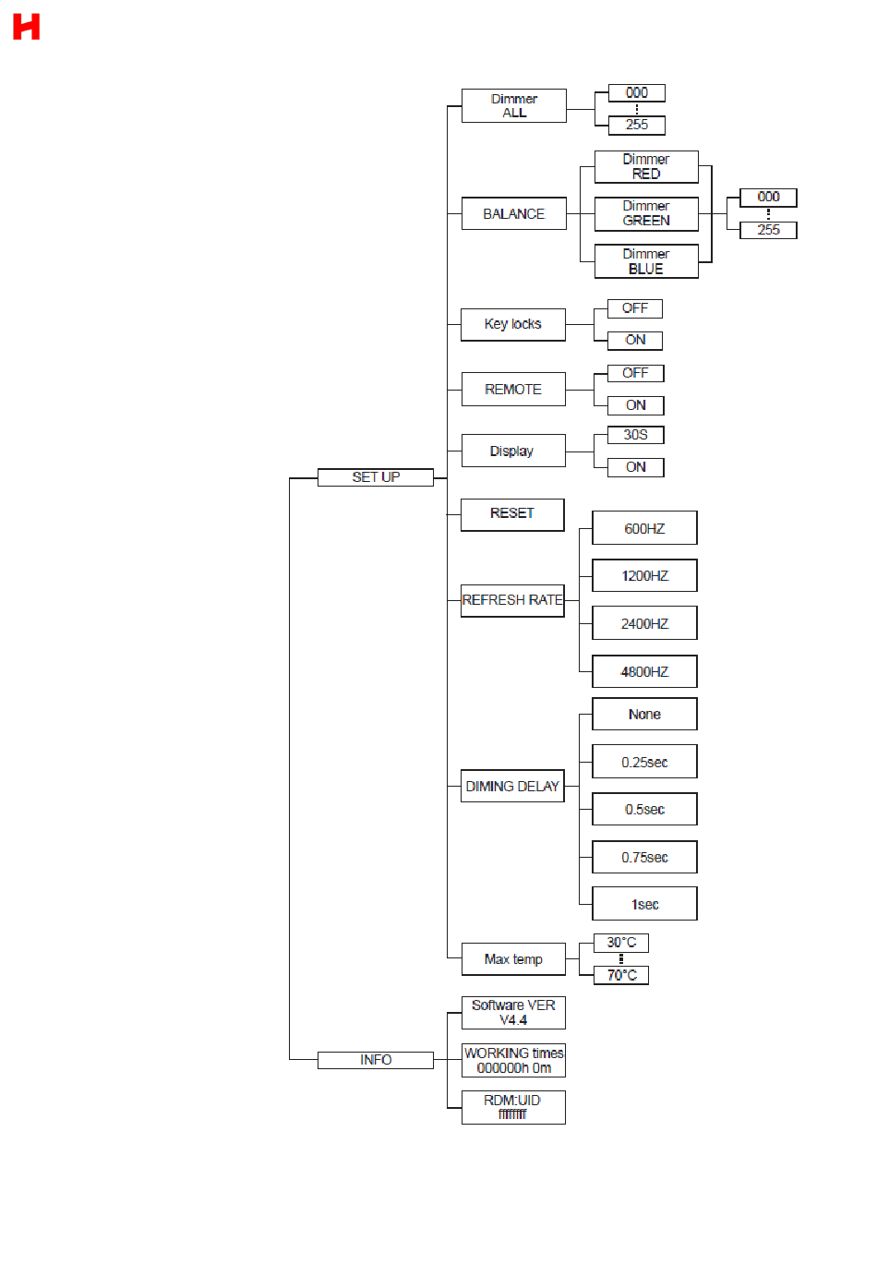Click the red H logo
click(26, 27)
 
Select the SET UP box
click(375, 477)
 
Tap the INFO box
click(375, 1060)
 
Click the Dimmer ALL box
click(513, 106)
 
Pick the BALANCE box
click(513, 214)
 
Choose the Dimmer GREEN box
click(646, 214)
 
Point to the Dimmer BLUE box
click(646, 261)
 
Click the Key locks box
click(513, 324)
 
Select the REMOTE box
click(513, 390)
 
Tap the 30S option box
click(635, 435)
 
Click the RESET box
click(512, 514)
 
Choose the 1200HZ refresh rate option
click(644, 576)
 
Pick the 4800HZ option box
click(644, 672)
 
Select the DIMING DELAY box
click(512, 787)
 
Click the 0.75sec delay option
click(644, 858)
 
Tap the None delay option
click(644, 715)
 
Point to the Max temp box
click(513, 960)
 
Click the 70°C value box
click(621, 976)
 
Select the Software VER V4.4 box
click(513, 1013)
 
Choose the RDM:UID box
click(513, 1108)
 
